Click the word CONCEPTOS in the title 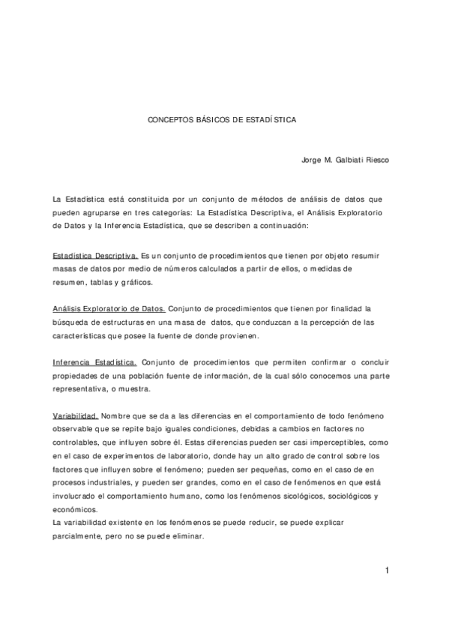point(168,118)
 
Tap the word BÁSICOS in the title point(209,118)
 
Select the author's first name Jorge point(312,159)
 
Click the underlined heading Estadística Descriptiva point(94,256)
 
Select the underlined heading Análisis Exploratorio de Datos point(109,308)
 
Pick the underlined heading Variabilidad point(76,415)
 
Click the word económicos point(75,508)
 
